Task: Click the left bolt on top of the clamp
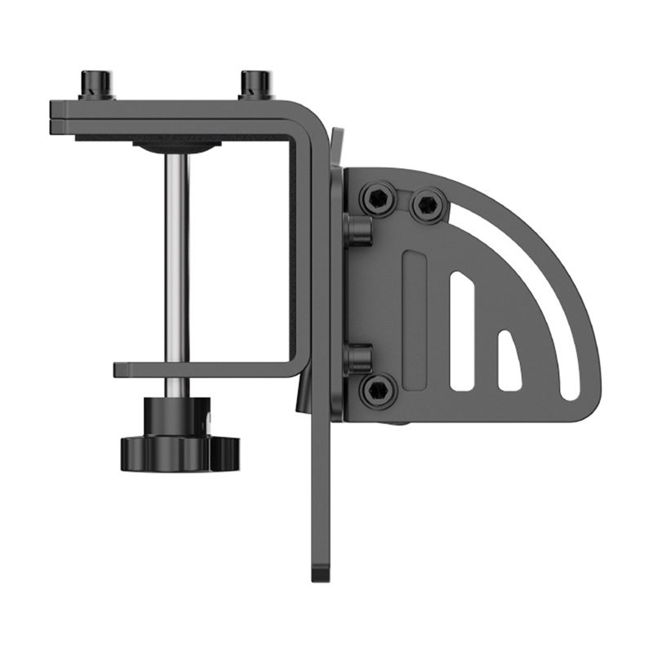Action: pyautogui.click(x=96, y=85)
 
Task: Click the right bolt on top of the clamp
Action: pyautogui.click(x=255, y=85)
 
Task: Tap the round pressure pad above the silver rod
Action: pyautogui.click(x=177, y=146)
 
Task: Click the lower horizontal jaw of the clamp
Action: pyautogui.click(x=204, y=370)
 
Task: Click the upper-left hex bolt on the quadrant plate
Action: pyautogui.click(x=378, y=198)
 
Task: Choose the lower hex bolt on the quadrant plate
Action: pyautogui.click(x=378, y=391)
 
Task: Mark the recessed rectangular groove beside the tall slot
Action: pyautogui.click(x=415, y=318)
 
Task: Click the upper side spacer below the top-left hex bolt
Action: pyautogui.click(x=358, y=230)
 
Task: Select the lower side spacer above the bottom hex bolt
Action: pyautogui.click(x=358, y=358)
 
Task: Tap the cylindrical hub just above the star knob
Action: pyautogui.click(x=177, y=413)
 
